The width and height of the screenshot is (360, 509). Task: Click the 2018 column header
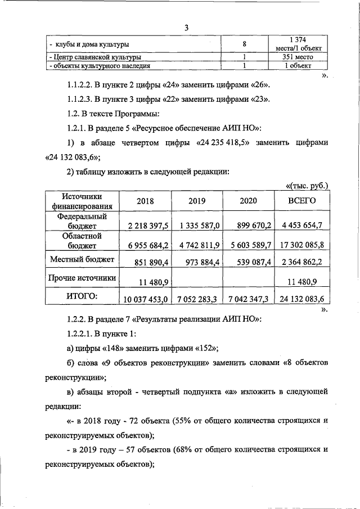145,201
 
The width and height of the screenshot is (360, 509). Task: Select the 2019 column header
197,201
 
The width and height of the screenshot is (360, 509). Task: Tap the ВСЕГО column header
301,201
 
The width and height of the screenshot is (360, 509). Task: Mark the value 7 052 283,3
197,299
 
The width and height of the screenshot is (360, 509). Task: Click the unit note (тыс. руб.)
307,185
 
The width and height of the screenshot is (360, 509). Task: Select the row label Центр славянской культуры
96,57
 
